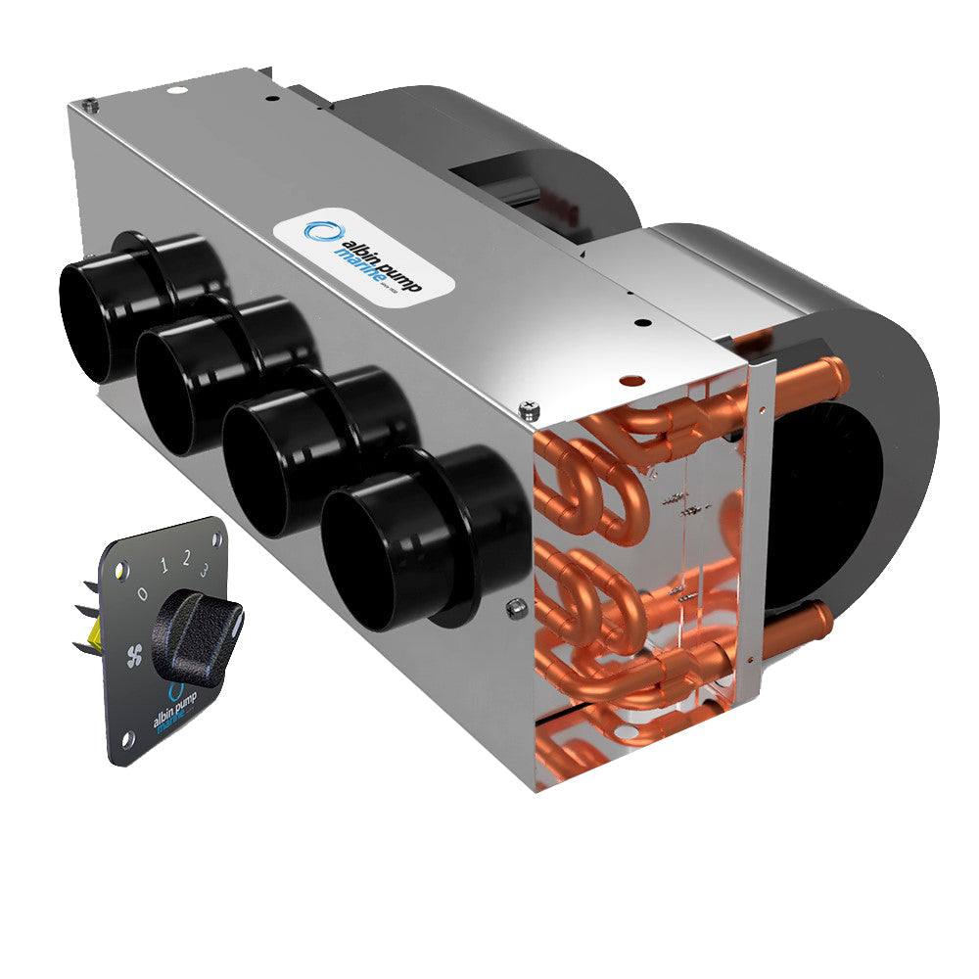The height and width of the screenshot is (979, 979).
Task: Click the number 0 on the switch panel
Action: tap(143, 593)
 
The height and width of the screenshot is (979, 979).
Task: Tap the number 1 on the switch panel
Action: tap(164, 567)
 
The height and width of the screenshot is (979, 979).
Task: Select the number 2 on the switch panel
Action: tap(185, 560)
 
